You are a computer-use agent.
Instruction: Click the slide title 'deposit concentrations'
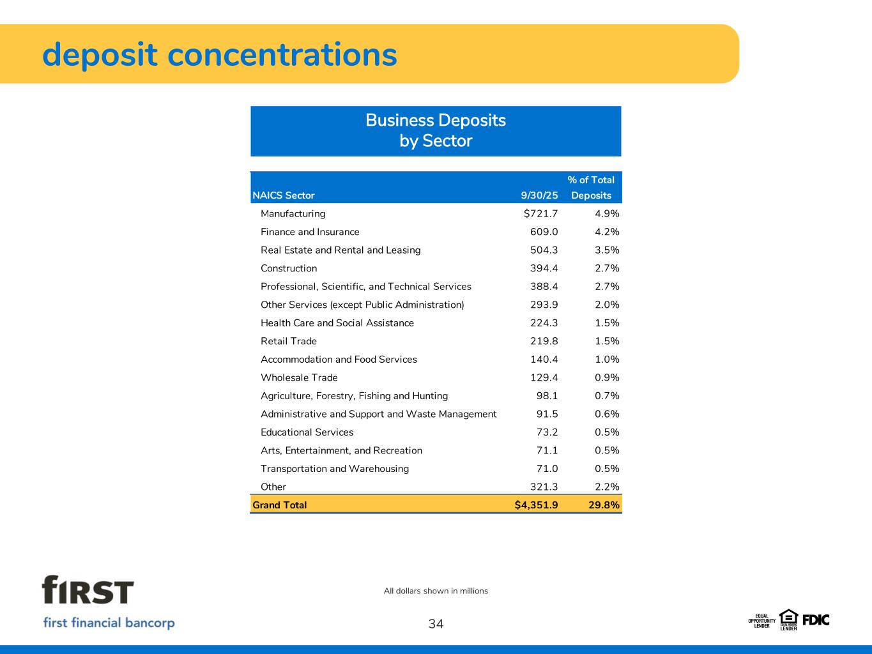tap(219, 54)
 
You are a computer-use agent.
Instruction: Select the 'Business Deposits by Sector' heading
tap(436, 130)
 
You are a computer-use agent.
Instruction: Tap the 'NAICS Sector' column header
tap(284, 195)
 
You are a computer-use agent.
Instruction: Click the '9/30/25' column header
tap(539, 195)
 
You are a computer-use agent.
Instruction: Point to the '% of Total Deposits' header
tap(591, 188)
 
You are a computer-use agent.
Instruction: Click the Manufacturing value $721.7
tap(540, 213)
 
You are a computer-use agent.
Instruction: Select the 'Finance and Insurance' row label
tap(310, 232)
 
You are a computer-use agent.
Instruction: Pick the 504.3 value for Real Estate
tap(544, 250)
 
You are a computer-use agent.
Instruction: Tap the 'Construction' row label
tap(289, 268)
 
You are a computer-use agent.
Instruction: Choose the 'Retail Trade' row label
tap(289, 341)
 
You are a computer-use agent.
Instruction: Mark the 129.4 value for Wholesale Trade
tap(544, 377)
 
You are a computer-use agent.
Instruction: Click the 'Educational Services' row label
tap(307, 432)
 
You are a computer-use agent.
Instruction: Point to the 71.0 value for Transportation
tap(547, 469)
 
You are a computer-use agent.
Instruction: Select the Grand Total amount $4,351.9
tap(536, 505)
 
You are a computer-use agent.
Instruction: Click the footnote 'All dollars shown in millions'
tap(436, 591)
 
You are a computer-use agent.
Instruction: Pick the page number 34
tap(436, 624)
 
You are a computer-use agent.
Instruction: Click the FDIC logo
tap(816, 620)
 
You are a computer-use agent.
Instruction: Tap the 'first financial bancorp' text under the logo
tap(109, 623)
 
